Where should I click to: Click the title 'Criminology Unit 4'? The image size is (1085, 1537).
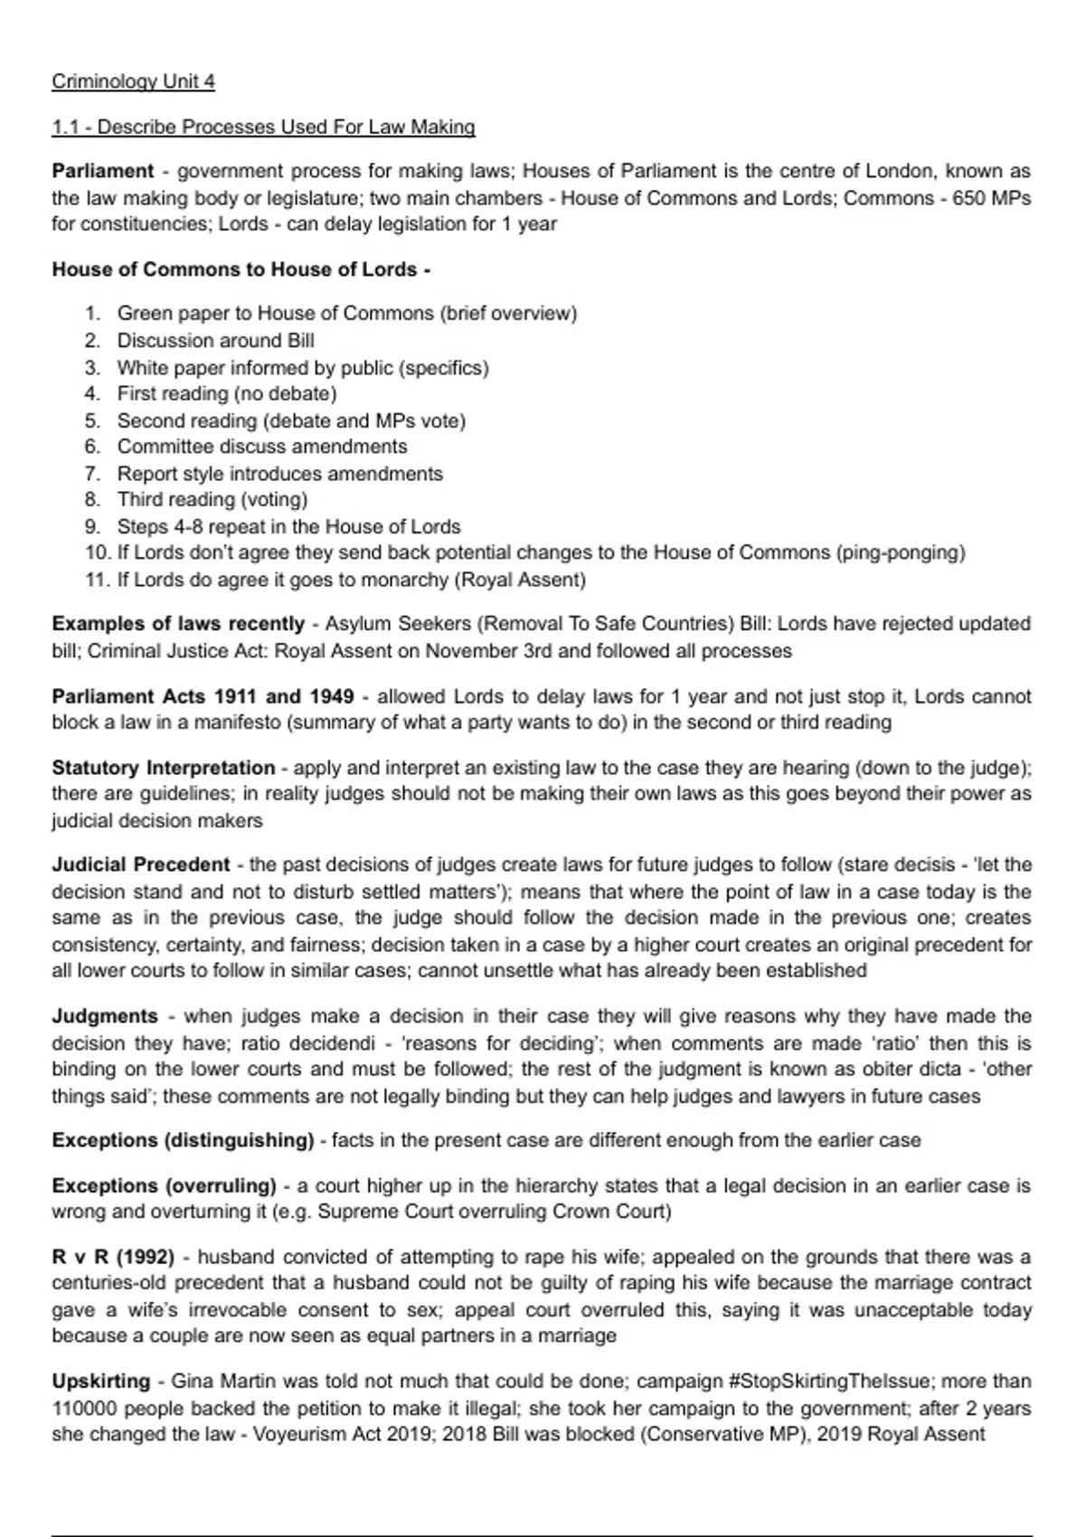point(133,81)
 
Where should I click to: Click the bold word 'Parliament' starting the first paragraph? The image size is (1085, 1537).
point(103,171)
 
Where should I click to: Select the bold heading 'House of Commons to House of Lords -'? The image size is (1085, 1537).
point(241,269)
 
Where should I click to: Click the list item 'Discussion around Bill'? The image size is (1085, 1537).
point(215,341)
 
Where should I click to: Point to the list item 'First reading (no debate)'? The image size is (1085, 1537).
point(226,393)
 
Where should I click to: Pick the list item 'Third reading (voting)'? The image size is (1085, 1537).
point(212,500)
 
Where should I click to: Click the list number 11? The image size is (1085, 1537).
point(97,580)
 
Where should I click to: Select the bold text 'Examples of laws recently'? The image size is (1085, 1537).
point(178,624)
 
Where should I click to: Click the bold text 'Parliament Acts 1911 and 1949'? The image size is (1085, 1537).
point(203,696)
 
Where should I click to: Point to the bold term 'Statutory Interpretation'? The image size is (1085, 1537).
point(163,768)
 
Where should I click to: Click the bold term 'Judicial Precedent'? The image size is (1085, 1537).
point(140,864)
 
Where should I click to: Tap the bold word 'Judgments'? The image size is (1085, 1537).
point(104,1016)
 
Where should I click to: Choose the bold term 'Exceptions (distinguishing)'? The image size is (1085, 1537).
point(183,1140)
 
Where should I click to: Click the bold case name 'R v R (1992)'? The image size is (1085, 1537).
point(113,1257)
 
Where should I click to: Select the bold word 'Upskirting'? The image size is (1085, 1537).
point(100,1381)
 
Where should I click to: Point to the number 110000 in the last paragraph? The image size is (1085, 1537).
point(84,1409)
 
